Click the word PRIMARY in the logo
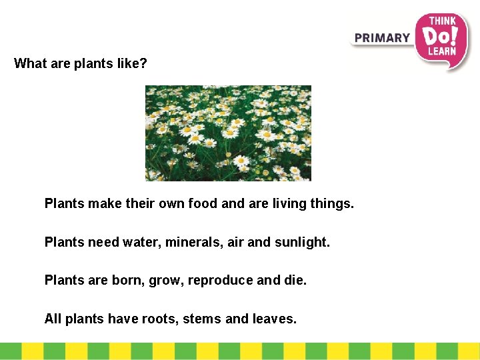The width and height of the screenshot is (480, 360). pos(382,38)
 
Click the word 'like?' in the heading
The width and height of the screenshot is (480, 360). pos(132,64)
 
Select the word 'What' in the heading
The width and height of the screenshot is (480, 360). pos(29,64)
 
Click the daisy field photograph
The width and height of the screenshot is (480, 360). pos(228,133)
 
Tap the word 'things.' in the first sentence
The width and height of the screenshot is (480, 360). pos(332,203)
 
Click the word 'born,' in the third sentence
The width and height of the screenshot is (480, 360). pos(122,281)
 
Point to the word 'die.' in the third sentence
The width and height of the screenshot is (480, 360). pos(295,281)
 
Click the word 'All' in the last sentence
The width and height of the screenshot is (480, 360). pos(53,319)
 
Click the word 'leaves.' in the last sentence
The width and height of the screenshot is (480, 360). pos(275,319)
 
